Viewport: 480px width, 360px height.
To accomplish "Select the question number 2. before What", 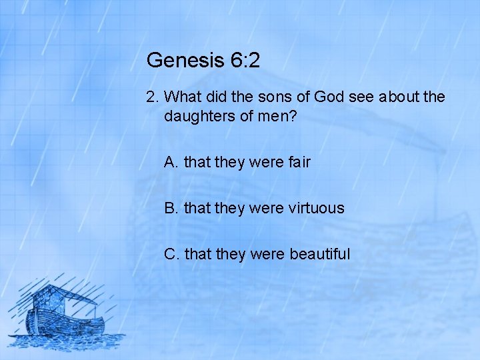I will click(x=153, y=97).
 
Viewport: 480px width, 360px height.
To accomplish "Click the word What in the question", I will click(x=183, y=97).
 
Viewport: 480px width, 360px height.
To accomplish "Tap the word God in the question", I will click(x=329, y=97).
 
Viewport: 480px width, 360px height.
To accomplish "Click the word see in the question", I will click(x=362, y=97).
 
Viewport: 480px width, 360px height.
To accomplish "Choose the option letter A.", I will click(x=171, y=162).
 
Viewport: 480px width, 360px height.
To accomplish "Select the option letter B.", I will click(x=171, y=208).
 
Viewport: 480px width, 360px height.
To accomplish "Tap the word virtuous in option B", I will click(x=317, y=208).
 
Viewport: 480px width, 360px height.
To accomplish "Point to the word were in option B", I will click(x=266, y=208).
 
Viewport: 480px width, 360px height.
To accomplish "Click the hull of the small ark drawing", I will click(x=67, y=327).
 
